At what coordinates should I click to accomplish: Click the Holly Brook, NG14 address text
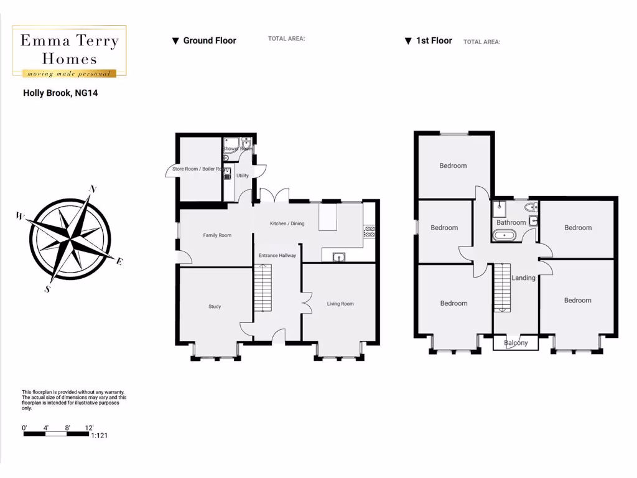[60, 93]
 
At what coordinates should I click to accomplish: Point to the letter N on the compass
[93, 189]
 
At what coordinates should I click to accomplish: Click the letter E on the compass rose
[119, 261]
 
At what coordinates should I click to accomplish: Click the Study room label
[215, 306]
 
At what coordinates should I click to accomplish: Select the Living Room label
[340, 304]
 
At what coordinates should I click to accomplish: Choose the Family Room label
[217, 235]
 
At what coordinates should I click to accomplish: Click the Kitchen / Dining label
[287, 223]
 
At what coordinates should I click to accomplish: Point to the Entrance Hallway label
[277, 255]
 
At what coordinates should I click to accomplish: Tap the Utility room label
[243, 176]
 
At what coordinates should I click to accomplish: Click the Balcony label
[516, 343]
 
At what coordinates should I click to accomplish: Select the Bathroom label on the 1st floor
[511, 222]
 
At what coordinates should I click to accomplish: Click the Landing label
[523, 278]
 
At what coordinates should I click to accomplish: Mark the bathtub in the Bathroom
[504, 235]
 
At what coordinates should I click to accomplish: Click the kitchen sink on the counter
[339, 255]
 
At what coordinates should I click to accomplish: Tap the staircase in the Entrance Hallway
[263, 288]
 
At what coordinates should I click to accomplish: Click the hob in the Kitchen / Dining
[369, 232]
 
